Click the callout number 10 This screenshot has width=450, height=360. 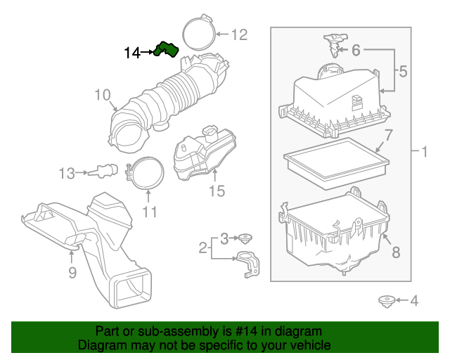point(103,94)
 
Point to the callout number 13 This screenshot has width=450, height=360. point(66,172)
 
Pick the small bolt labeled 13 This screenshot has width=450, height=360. point(106,169)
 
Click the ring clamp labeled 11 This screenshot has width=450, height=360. point(147,173)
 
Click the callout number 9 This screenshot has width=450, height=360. point(72,272)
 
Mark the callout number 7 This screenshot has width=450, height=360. point(388,134)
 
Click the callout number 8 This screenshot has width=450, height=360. point(395,251)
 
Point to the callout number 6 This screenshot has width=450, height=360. point(356,50)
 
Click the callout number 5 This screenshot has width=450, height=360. point(403,71)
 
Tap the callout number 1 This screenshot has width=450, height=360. point(424,151)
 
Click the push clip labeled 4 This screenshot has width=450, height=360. point(385,302)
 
